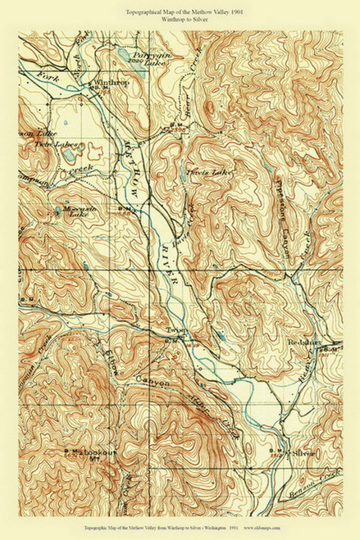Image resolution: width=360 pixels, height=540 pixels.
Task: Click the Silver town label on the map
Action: [304, 452]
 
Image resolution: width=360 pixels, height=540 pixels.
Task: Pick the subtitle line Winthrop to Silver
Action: [179, 21]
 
